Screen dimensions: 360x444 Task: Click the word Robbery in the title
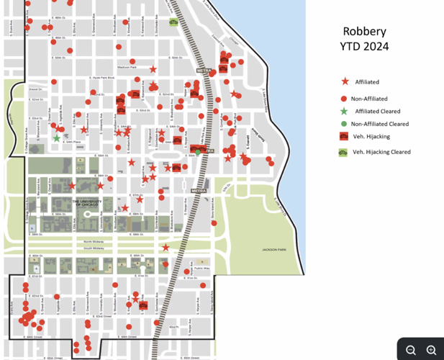364,31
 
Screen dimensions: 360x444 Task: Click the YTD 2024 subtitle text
364,47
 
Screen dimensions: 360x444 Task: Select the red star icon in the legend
345,82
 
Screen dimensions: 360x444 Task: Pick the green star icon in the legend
344,111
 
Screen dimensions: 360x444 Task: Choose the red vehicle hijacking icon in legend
344,136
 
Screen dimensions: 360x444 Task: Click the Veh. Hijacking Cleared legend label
381,152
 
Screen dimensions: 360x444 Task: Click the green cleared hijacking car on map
173,22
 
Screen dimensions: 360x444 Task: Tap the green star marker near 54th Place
57,138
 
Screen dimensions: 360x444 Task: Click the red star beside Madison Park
153,69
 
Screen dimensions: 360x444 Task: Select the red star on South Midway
166,247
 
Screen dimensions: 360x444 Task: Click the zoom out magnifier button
411,350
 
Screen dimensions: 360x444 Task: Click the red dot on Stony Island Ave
214,223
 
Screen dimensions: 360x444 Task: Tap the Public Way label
201,268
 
